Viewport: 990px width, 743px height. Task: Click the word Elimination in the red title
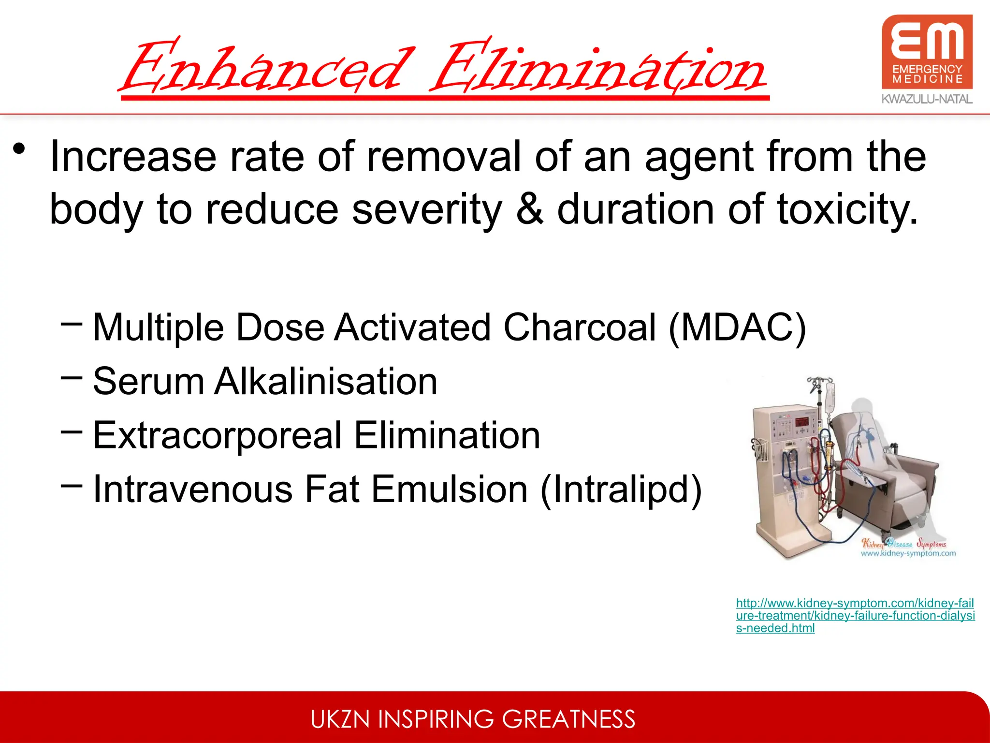click(597, 68)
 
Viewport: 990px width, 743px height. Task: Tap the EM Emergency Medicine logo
click(927, 52)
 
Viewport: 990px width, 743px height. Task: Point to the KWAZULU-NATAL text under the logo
click(927, 99)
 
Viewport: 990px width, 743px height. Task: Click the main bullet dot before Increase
click(19, 149)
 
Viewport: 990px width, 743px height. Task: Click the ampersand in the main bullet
click(530, 209)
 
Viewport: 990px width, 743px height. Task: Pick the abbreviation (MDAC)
click(738, 327)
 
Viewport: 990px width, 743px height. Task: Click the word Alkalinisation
click(326, 381)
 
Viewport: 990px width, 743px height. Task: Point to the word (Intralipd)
click(621, 489)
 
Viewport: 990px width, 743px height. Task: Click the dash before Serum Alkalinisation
click(72, 378)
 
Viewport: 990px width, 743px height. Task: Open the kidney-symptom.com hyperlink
click(855, 615)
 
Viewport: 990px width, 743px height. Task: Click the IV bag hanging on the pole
click(830, 397)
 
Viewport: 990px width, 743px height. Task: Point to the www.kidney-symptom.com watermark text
click(908, 553)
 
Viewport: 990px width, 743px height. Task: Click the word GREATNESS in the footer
click(568, 719)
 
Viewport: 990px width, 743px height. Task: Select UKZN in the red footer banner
click(341, 719)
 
